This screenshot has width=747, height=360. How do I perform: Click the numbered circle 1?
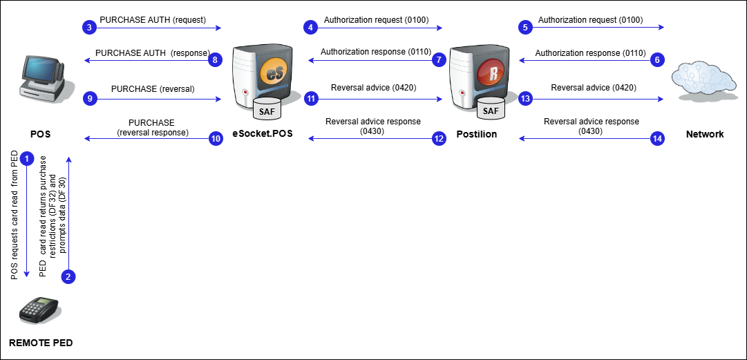pyautogui.click(x=27, y=159)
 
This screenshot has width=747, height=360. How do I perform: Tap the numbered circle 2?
pyautogui.click(x=68, y=276)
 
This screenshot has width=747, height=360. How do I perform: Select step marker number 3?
pyautogui.click(x=89, y=28)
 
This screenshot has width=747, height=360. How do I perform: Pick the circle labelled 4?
pyautogui.click(x=311, y=28)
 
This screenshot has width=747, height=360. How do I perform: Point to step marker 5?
pyautogui.click(x=526, y=28)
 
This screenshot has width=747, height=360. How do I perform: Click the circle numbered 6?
pyautogui.click(x=657, y=60)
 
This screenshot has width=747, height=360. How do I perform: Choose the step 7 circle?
pyautogui.click(x=439, y=60)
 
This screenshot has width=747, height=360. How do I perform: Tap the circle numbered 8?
pyautogui.click(x=216, y=60)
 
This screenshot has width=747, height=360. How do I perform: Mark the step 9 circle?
pyautogui.click(x=89, y=99)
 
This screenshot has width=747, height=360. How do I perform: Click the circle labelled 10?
pyautogui.click(x=216, y=139)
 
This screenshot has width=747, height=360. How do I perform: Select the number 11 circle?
pyautogui.click(x=311, y=99)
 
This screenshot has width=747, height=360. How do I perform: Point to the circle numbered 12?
pyautogui.click(x=439, y=139)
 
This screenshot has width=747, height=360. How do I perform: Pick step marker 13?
pyautogui.click(x=526, y=99)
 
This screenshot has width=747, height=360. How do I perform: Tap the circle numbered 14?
pyautogui.click(x=657, y=139)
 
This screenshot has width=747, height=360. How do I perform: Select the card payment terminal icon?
pyautogui.click(x=39, y=310)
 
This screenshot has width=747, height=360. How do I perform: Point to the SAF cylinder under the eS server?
pyautogui.click(x=267, y=109)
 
